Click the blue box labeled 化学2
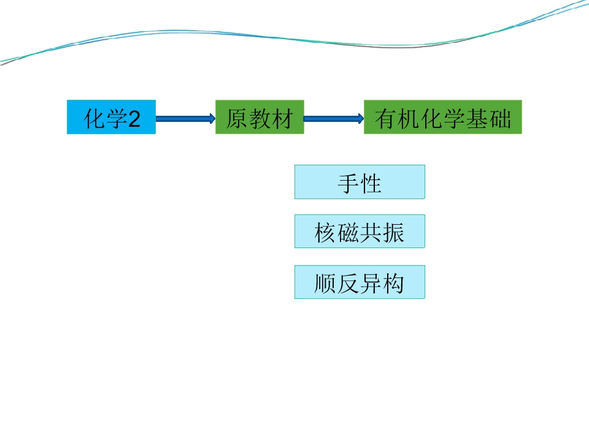point(111,117)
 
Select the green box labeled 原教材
point(260,117)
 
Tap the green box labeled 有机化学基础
point(443,117)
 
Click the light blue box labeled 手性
point(360,182)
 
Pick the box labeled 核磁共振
point(360,232)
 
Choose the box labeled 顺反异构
point(360,282)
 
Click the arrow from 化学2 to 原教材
point(185,119)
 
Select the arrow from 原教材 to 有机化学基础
point(334,119)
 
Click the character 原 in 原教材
point(236,119)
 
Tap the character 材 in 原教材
point(282,119)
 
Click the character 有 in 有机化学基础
point(386,119)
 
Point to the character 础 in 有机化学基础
point(501,119)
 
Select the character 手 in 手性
point(348,184)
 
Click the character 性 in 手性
point(371,184)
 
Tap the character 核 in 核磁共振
point(325,233)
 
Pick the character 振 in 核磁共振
point(394,233)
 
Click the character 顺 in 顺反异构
point(325,284)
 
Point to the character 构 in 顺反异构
point(394,284)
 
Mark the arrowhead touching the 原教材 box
point(213,119)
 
